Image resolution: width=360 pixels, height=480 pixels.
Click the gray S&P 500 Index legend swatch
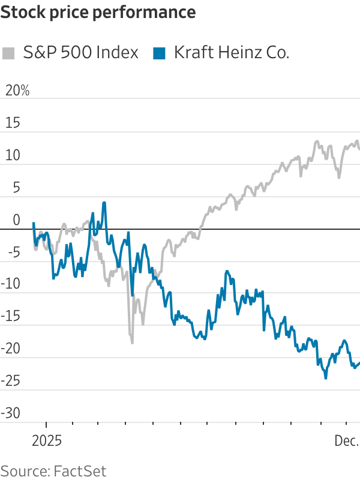tap(8, 53)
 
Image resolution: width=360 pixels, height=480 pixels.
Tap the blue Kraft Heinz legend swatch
tap(159, 53)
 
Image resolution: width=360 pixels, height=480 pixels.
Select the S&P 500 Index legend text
tap(80, 53)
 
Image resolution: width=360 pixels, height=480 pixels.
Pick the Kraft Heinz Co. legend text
tap(232, 53)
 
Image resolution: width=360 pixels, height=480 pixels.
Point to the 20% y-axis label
tap(17, 91)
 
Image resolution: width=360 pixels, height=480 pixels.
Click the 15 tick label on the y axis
tap(13, 123)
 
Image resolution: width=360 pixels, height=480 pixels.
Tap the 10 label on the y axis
tap(13, 155)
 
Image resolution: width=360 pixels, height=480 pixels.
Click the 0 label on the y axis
tap(16, 220)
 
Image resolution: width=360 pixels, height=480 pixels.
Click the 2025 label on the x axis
tap(47, 441)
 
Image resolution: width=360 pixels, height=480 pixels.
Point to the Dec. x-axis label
tap(346, 441)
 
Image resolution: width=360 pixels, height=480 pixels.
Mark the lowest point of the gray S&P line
tap(132, 343)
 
